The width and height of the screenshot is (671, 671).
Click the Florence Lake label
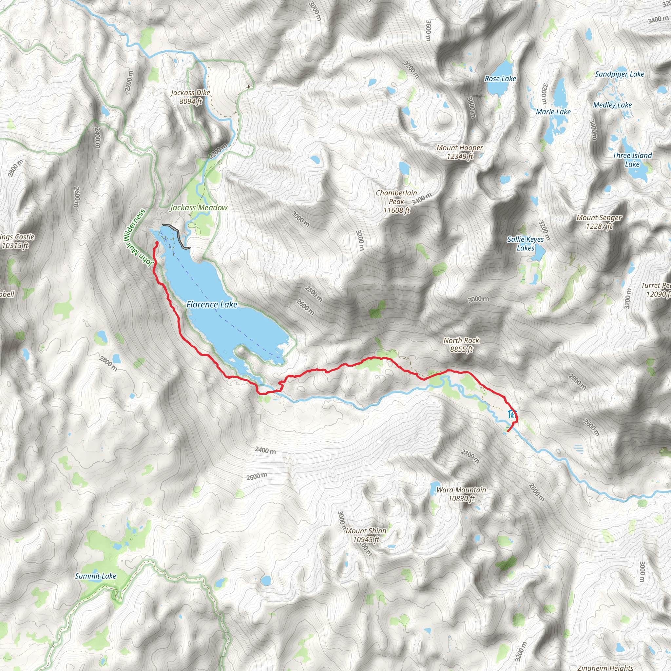(212, 305)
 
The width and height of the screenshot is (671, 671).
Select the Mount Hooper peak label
(459, 152)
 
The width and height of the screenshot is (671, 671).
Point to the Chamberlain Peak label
(396, 201)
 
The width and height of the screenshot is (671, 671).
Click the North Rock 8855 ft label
(461, 345)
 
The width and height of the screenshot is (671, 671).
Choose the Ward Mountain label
(461, 494)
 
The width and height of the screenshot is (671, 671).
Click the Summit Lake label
(96, 576)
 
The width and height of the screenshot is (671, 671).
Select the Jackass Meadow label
(199, 207)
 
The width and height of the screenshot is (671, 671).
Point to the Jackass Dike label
(190, 97)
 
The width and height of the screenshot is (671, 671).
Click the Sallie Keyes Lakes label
(525, 243)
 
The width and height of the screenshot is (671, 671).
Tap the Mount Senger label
(599, 222)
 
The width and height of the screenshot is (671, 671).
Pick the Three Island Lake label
(632, 160)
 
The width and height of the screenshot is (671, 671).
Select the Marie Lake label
(553, 111)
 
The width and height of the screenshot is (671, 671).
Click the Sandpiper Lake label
(619, 74)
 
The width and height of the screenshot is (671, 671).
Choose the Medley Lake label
(612, 105)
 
